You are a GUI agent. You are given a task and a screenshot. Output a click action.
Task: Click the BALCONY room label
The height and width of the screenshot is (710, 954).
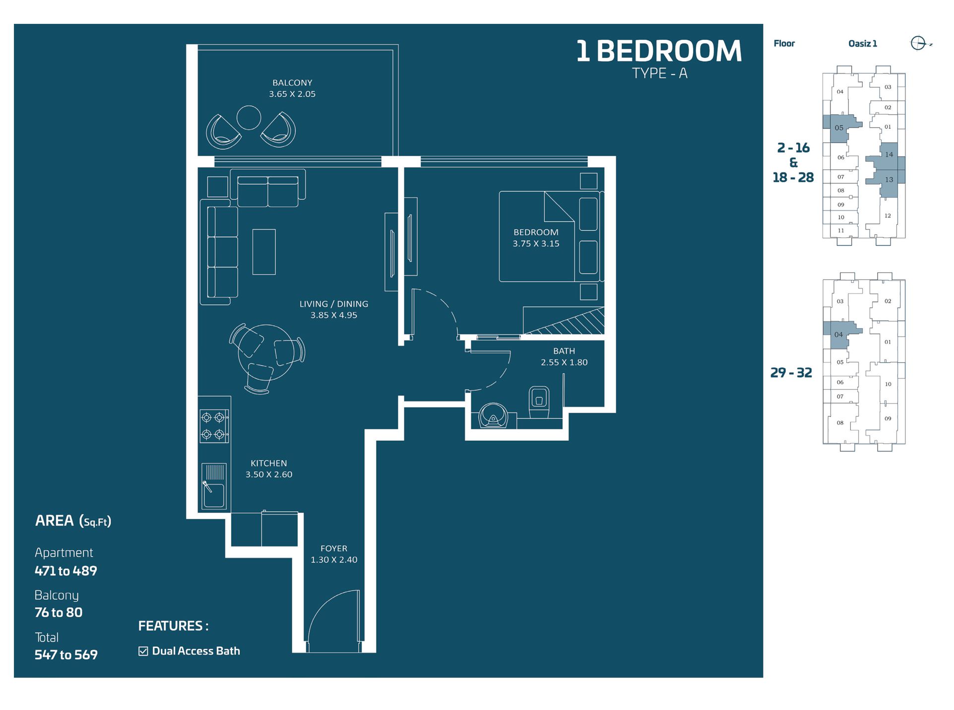pos(292,83)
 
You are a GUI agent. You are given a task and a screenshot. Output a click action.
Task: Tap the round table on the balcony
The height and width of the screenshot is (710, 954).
pos(249,118)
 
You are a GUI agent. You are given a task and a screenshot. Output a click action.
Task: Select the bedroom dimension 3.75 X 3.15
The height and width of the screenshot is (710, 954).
pos(536,244)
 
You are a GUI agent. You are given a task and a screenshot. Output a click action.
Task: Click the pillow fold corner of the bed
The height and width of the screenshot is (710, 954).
pos(558,207)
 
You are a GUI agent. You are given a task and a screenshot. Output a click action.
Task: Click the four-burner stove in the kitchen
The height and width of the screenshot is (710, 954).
pos(214,426)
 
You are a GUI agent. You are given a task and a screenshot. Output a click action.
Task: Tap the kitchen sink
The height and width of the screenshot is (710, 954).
pos(214,487)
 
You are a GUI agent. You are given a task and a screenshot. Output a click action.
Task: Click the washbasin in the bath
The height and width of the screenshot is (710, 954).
pos(493,416)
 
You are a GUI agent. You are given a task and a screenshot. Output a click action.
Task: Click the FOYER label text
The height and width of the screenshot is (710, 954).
pos(334,549)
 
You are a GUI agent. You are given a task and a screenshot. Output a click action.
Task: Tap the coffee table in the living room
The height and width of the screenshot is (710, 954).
pos(264,252)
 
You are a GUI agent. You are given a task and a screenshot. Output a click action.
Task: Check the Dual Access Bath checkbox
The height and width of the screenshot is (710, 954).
pos(143,651)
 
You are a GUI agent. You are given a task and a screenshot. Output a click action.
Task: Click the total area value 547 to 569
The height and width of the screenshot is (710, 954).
pos(66,655)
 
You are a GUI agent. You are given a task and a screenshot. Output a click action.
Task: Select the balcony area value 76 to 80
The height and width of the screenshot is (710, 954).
pos(59,613)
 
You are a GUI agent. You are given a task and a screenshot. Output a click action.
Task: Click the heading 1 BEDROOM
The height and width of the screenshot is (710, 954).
pos(659,51)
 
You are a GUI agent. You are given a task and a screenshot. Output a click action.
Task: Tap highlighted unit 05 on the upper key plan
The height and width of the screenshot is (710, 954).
pos(838,128)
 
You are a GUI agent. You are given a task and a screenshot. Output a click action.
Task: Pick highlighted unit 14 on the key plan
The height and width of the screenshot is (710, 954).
pos(889,154)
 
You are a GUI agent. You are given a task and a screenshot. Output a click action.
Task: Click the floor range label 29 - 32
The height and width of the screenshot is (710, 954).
pos(791,373)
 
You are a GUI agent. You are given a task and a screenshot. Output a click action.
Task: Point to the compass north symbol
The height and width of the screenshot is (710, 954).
pos(918,43)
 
